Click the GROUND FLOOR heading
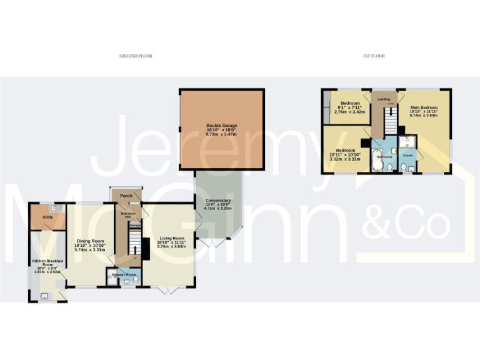click(136, 56)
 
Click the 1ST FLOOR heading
click(374, 56)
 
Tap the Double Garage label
click(221, 126)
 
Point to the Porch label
click(126, 196)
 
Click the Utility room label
click(47, 217)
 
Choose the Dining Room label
click(89, 241)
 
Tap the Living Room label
click(171, 238)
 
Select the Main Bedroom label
click(424, 107)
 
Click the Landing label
click(384, 99)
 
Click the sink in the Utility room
click(54, 208)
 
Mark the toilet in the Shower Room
click(136, 279)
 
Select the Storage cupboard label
click(134, 226)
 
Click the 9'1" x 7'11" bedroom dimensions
click(350, 107)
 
